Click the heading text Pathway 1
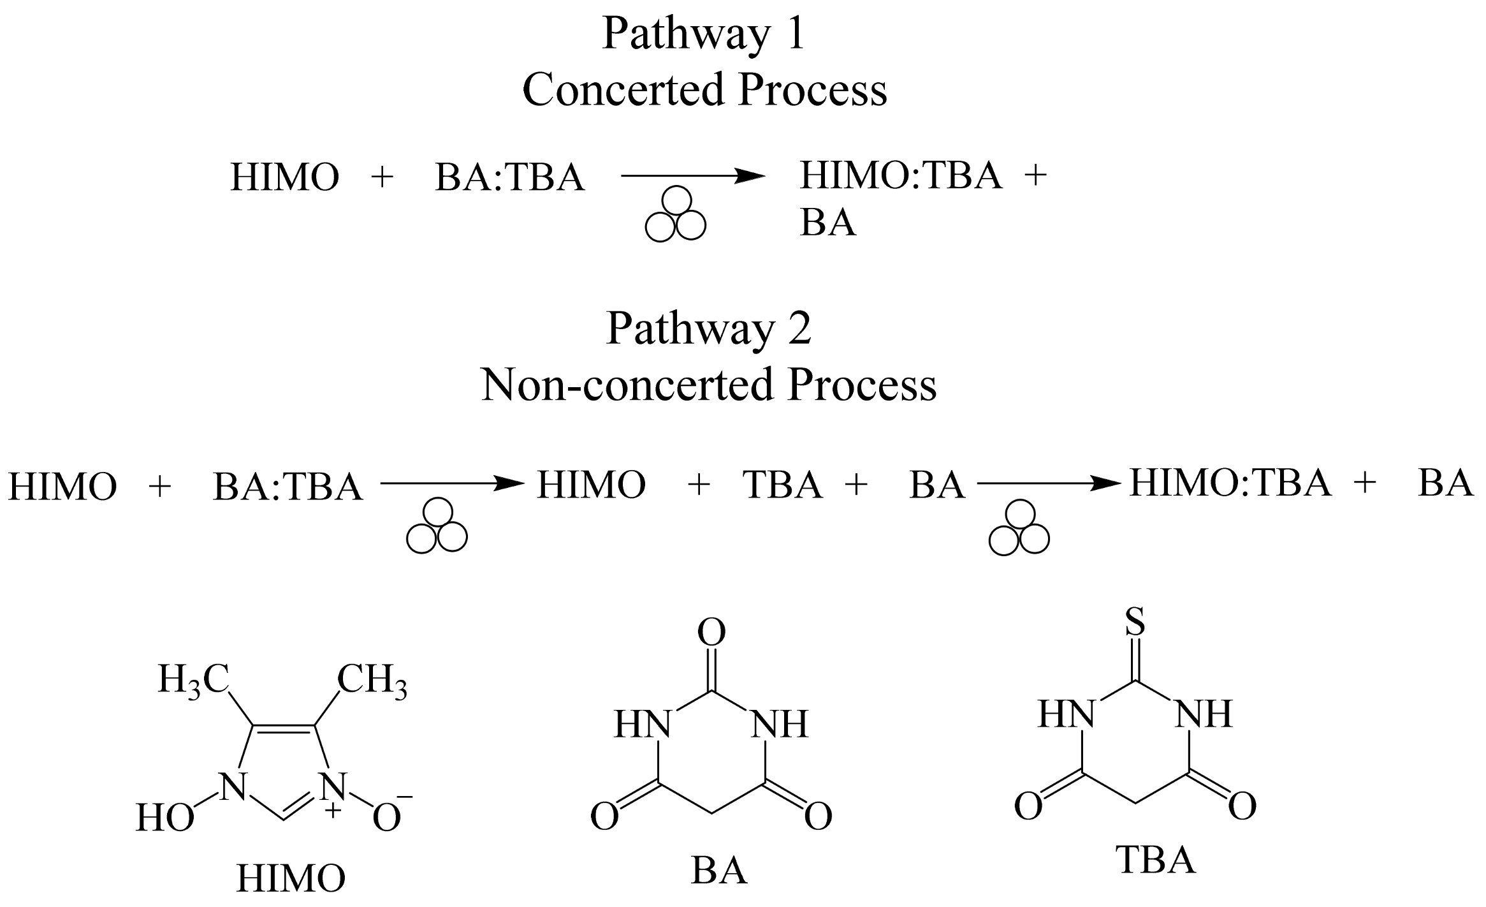704,34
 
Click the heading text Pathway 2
709,328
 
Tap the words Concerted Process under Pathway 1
704,90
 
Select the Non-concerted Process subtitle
708,385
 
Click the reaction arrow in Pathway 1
692,176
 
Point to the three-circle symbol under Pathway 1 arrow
676,214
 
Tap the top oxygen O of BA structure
712,633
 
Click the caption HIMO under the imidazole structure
291,878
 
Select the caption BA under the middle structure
718,871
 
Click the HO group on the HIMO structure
164,818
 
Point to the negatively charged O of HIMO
388,817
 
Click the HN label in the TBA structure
1066,714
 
